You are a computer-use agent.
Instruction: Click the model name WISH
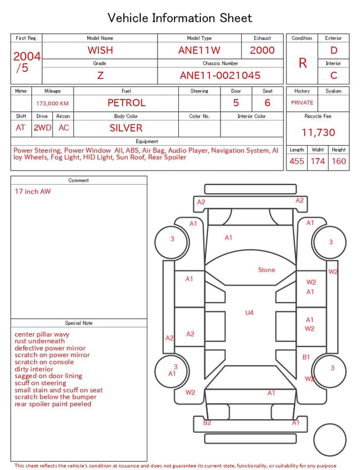click(100, 50)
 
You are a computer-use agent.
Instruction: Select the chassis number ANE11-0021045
click(220, 75)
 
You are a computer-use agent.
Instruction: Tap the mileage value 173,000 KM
click(52, 104)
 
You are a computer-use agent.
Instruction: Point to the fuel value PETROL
click(127, 103)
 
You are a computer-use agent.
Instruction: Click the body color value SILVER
click(126, 128)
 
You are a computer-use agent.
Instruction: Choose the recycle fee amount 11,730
click(318, 132)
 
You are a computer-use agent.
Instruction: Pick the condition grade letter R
click(303, 63)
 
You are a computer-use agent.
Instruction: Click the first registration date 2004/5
click(26, 62)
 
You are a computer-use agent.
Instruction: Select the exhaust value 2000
click(262, 50)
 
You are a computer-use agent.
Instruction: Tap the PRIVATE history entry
click(302, 102)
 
